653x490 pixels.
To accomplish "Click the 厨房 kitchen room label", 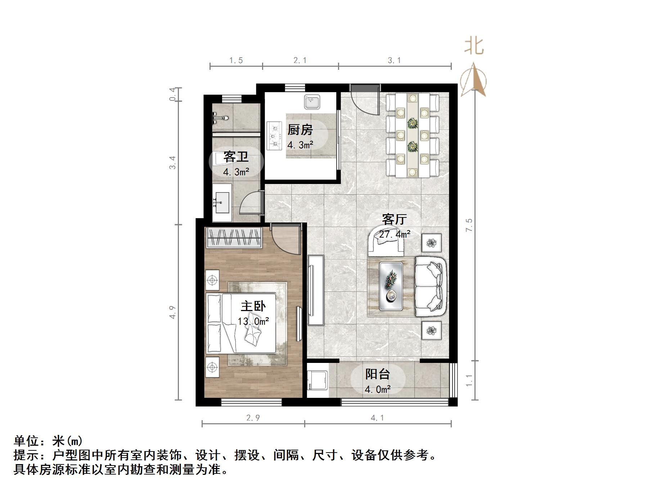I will [300, 130].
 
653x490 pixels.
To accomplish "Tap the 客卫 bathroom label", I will [236, 157].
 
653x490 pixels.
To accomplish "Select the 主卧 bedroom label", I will [253, 306].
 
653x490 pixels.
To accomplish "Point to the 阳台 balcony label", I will [377, 374].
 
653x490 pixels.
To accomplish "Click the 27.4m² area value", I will [395, 234].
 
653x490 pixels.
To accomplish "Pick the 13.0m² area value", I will [253, 321].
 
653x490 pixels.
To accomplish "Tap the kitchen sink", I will [312, 102].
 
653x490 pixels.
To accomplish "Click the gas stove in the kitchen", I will [274, 136].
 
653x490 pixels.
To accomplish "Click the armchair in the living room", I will [386, 240].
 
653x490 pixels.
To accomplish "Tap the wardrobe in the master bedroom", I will [234, 238].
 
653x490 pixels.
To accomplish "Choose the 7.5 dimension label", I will [469, 225].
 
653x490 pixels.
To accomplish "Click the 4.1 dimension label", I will [377, 418].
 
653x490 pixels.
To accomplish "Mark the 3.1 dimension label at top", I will [394, 60].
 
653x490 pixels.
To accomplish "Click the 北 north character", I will [473, 46].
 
